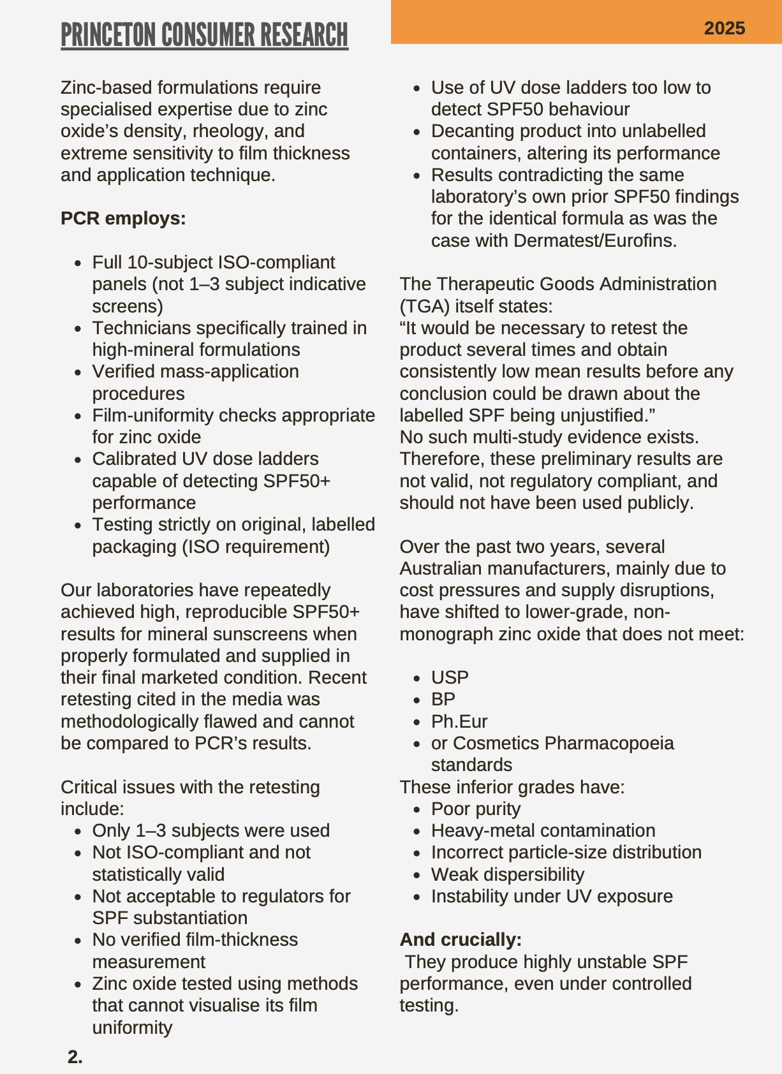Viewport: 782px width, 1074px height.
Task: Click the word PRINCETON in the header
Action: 109,35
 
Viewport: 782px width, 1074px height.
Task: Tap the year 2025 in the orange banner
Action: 725,28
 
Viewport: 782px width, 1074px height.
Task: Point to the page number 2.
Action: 75,1057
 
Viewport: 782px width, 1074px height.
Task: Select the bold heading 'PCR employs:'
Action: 123,218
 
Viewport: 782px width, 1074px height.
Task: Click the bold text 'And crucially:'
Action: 461,939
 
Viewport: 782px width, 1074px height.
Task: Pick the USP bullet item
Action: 450,677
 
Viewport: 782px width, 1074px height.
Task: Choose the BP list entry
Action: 443,699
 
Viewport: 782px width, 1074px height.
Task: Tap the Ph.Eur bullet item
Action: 459,721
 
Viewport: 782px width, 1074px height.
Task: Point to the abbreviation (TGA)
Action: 424,306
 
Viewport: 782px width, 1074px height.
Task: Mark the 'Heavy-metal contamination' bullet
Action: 543,830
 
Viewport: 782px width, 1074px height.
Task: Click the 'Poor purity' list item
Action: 476,809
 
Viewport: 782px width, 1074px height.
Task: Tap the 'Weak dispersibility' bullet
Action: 507,874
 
